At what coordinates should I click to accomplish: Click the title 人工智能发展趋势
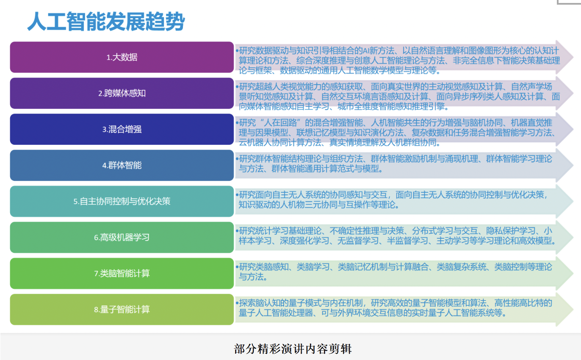(106, 21)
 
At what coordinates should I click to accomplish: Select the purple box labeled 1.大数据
(122, 57)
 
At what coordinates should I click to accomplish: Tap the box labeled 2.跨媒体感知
(122, 93)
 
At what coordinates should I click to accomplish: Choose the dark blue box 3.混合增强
(122, 129)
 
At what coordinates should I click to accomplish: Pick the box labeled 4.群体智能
(122, 165)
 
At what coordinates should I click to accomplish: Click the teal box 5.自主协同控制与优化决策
(122, 201)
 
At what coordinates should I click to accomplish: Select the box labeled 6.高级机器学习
(122, 237)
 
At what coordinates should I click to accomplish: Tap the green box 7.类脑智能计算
(122, 273)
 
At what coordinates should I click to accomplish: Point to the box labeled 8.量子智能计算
(122, 310)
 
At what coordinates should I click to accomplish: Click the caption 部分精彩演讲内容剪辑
(293, 349)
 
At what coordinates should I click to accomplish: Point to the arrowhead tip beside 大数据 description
(573, 57)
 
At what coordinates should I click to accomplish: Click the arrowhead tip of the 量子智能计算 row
(573, 310)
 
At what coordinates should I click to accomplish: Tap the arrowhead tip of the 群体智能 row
(573, 165)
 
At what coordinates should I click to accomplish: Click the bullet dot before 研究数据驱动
(237, 50)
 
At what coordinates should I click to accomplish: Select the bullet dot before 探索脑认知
(237, 303)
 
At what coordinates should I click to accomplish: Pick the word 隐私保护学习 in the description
(511, 230)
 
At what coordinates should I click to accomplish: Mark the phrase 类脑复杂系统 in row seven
(462, 267)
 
